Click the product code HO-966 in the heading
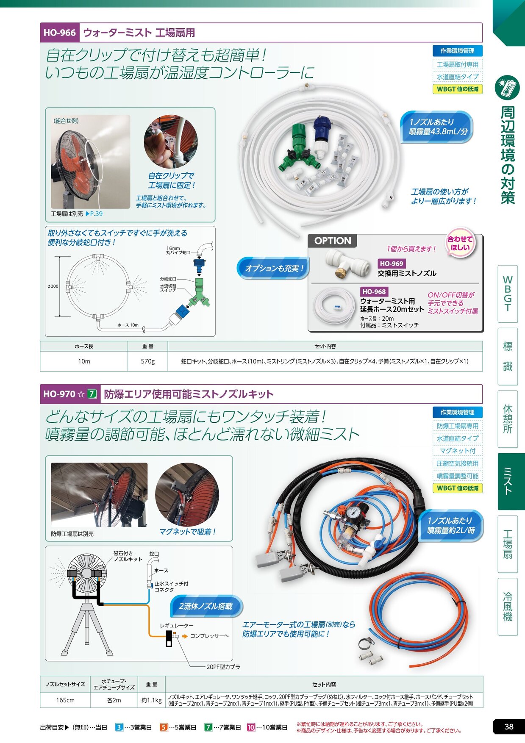(60, 33)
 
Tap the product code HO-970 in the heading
(59, 394)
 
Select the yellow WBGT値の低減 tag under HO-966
(458, 89)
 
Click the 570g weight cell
(147, 361)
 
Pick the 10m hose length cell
(84, 361)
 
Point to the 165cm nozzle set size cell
(65, 700)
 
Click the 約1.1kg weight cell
(151, 700)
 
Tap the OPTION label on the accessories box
(333, 241)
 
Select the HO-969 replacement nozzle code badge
(391, 263)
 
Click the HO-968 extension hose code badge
(374, 291)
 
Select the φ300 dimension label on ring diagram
(53, 286)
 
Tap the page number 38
(508, 726)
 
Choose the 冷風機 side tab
(508, 607)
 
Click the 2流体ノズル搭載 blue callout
(206, 606)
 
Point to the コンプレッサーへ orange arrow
(185, 636)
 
